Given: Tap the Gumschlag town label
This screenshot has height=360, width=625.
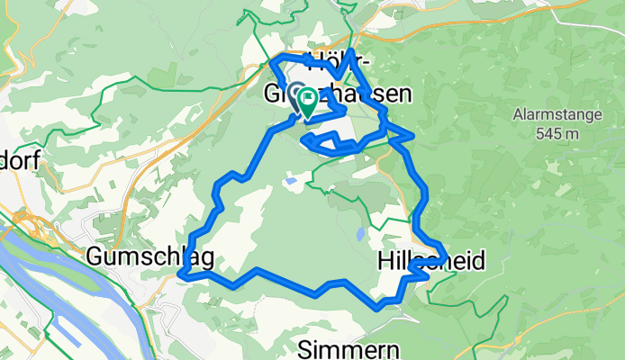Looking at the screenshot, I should (x=150, y=258).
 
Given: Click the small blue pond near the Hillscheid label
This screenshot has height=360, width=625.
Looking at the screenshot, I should (x=360, y=235).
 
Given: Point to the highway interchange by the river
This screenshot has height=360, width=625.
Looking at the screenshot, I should (x=24, y=220).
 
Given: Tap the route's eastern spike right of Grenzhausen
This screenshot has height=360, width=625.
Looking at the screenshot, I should (x=412, y=136).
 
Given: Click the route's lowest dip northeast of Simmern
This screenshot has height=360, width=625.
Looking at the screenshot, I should (x=379, y=307).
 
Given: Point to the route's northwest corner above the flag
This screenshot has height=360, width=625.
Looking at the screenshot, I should (x=274, y=63).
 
